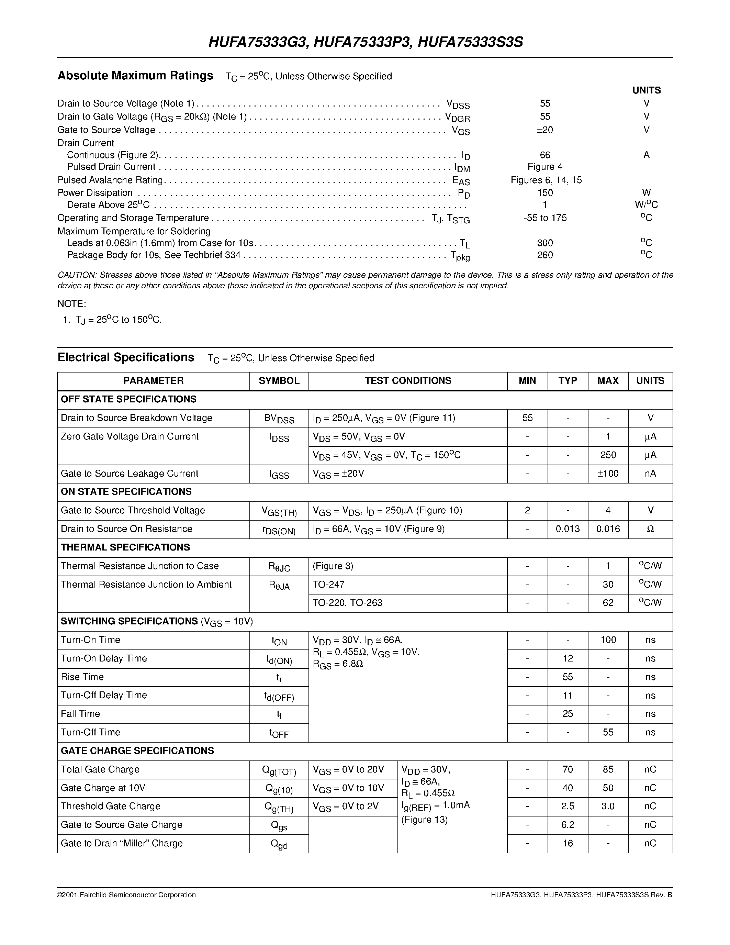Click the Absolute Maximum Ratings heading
click(x=135, y=76)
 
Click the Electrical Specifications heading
click(x=126, y=357)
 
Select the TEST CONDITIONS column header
click(x=407, y=381)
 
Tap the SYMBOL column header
click(x=279, y=381)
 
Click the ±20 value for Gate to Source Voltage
click(x=544, y=130)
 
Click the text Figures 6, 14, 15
click(x=546, y=180)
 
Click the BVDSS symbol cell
click(x=279, y=419)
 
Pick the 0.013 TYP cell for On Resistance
click(x=568, y=529)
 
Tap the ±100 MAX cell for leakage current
click(x=608, y=474)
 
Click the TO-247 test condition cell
click(x=329, y=585)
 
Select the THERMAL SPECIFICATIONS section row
click(x=125, y=547)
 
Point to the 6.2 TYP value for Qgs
click(x=568, y=825)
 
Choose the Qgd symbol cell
click(x=279, y=844)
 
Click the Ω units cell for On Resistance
click(x=650, y=529)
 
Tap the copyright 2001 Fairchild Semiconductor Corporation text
click(x=126, y=895)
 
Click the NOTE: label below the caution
click(x=72, y=304)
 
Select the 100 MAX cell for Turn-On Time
click(x=608, y=640)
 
